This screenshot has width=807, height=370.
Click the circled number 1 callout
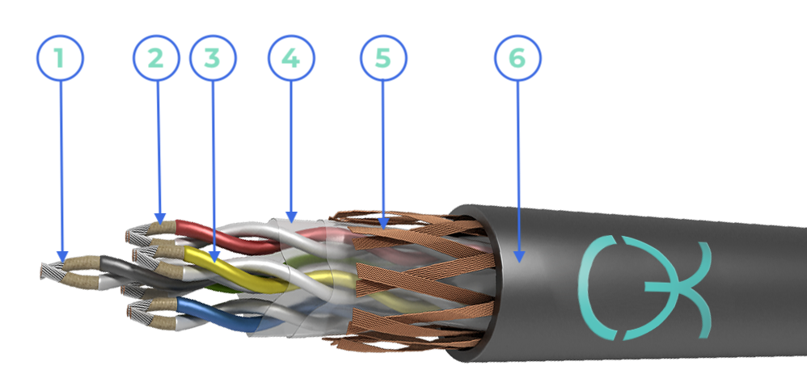60,58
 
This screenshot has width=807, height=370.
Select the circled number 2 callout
156,58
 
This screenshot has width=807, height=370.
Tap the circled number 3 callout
213,58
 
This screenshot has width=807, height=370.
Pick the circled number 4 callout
291,58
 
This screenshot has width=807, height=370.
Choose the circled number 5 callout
383,58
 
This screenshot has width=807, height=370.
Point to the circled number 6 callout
518,58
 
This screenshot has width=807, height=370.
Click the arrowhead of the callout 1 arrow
62,256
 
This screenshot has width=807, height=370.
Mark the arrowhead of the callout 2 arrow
161,219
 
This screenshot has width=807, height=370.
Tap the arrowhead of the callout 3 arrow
214,256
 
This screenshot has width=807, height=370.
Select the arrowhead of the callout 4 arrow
291,217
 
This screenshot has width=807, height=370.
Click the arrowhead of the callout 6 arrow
519,256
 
